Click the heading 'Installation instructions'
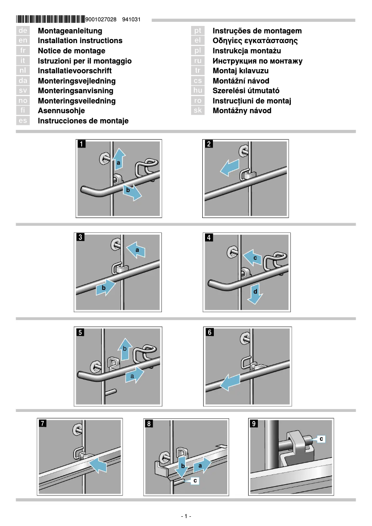coord(80,41)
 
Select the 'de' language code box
coord(23,31)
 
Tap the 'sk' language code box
coord(198,111)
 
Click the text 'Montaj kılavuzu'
coord(240,71)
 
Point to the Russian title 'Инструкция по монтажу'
coord(257,61)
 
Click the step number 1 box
coord(82,144)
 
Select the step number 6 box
coord(210,332)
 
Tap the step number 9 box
coord(254,423)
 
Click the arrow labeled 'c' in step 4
coord(252,257)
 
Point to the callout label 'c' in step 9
coord(321,438)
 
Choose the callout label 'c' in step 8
coord(195,481)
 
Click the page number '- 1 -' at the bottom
coord(186,516)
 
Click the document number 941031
coord(131,20)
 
